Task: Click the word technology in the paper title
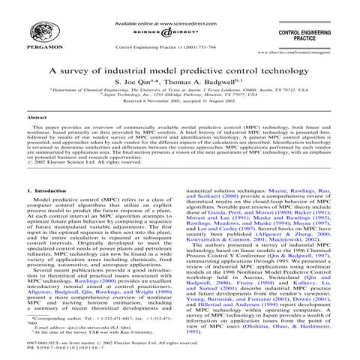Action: pyautogui.click(x=281, y=69)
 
